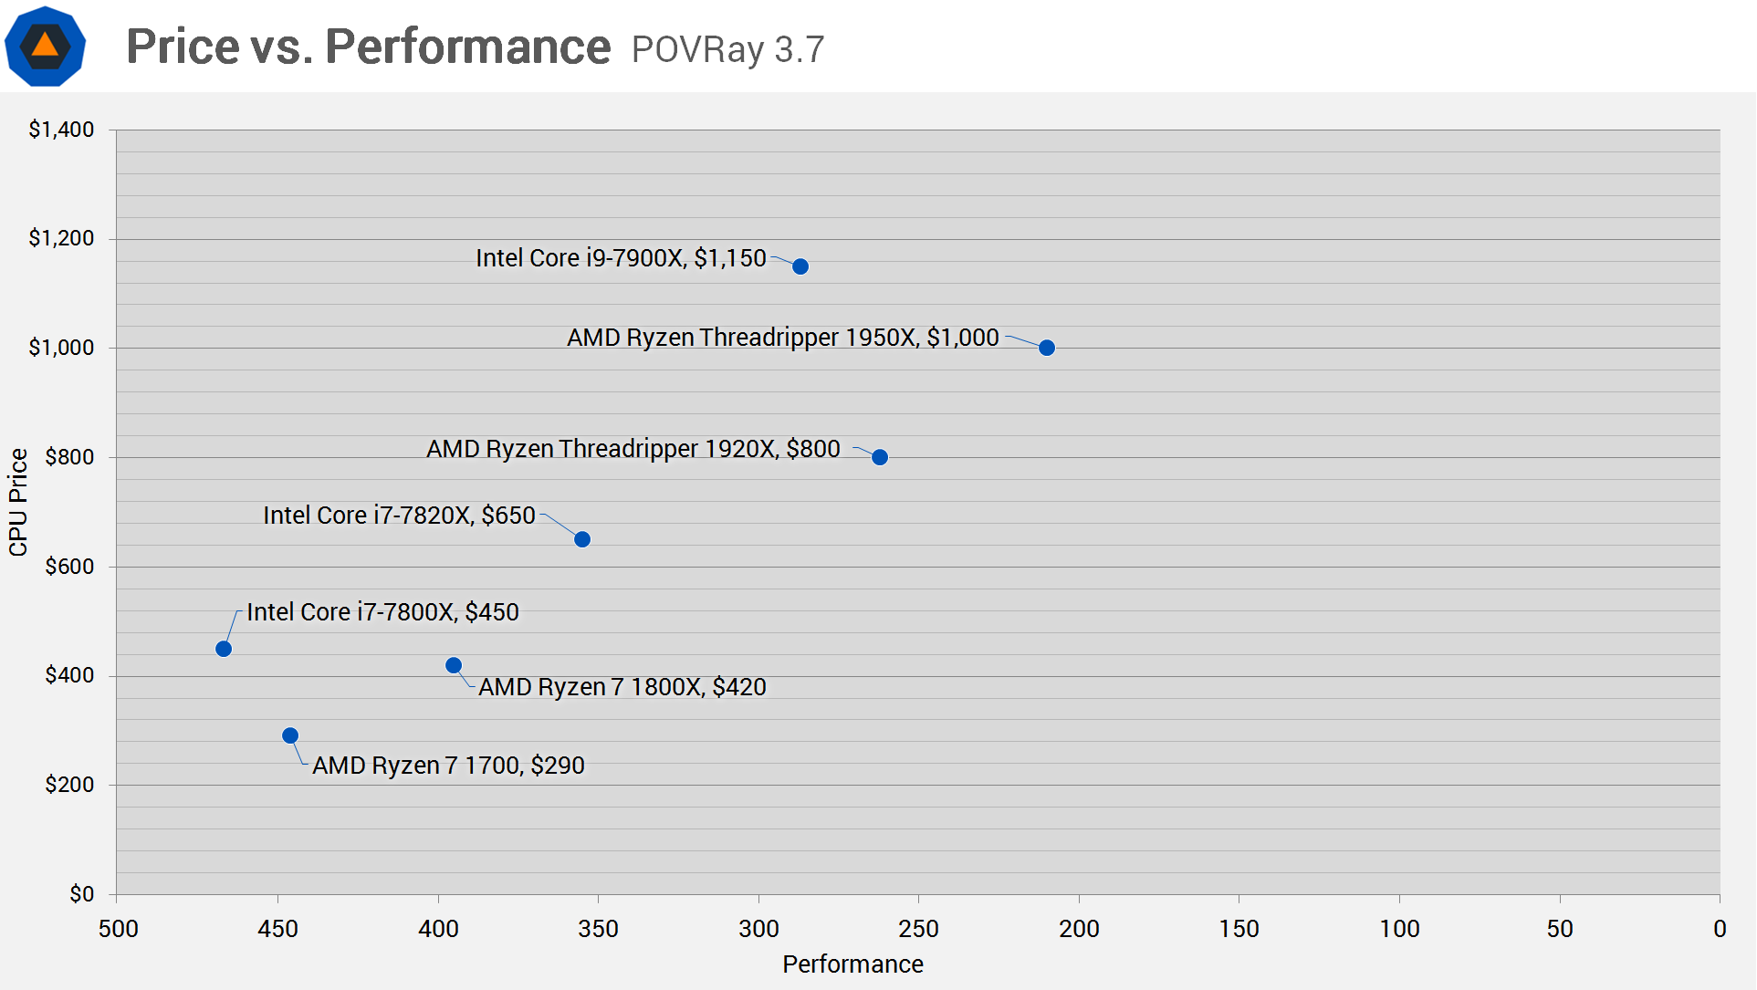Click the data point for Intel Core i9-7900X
(x=800, y=266)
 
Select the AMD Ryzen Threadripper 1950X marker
(x=1047, y=348)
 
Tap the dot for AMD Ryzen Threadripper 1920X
(x=880, y=457)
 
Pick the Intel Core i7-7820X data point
(x=582, y=539)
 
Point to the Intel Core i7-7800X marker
(x=224, y=649)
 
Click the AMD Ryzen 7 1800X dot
(x=454, y=665)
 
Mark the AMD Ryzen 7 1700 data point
(x=290, y=735)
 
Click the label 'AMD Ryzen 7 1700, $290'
(x=448, y=766)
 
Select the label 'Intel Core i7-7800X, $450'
(x=382, y=612)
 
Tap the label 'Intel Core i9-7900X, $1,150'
(x=621, y=258)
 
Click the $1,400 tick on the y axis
(x=61, y=130)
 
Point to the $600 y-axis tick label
(x=69, y=567)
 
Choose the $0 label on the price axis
(x=82, y=894)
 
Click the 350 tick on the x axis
(x=599, y=929)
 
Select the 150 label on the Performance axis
(x=1239, y=929)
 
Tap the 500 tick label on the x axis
(x=118, y=929)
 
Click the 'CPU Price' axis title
(x=18, y=502)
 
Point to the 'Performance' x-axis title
(x=852, y=964)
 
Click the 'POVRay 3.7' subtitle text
(x=727, y=49)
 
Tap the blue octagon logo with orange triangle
(x=46, y=46)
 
